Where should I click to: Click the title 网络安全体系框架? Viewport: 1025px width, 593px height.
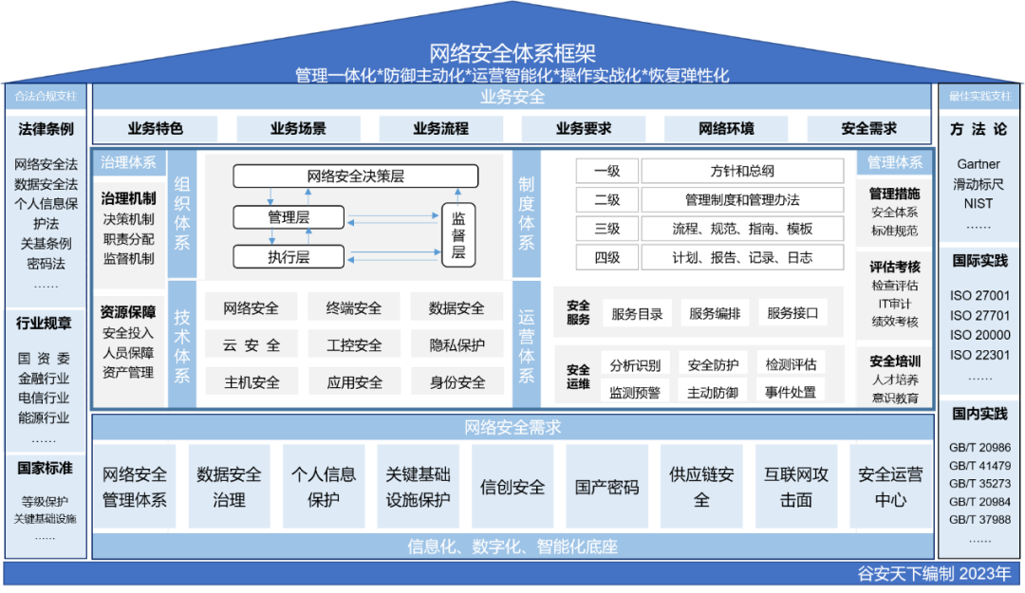click(512, 53)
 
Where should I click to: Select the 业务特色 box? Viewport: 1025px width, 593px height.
click(156, 129)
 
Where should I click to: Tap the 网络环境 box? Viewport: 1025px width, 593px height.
click(726, 129)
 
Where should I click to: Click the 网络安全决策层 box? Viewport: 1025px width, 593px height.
click(356, 176)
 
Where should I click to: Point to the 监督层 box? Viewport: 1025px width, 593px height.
click(458, 234)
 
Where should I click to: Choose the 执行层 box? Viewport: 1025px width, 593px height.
click(289, 257)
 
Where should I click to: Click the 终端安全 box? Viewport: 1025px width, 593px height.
click(354, 307)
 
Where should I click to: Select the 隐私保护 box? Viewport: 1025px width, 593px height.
click(457, 345)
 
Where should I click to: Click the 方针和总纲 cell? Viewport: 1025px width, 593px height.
click(742, 172)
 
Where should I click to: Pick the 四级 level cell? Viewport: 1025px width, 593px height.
click(606, 257)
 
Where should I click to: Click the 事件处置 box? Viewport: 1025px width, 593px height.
click(791, 392)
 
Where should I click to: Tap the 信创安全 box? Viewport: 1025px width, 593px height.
click(512, 488)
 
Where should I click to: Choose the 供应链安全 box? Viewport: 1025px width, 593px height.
click(701, 488)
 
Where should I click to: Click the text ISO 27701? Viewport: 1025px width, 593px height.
click(979, 315)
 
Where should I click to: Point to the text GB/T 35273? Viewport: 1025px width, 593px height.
click(979, 484)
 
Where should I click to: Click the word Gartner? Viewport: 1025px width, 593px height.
click(978, 164)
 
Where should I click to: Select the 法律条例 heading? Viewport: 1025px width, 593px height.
click(46, 129)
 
